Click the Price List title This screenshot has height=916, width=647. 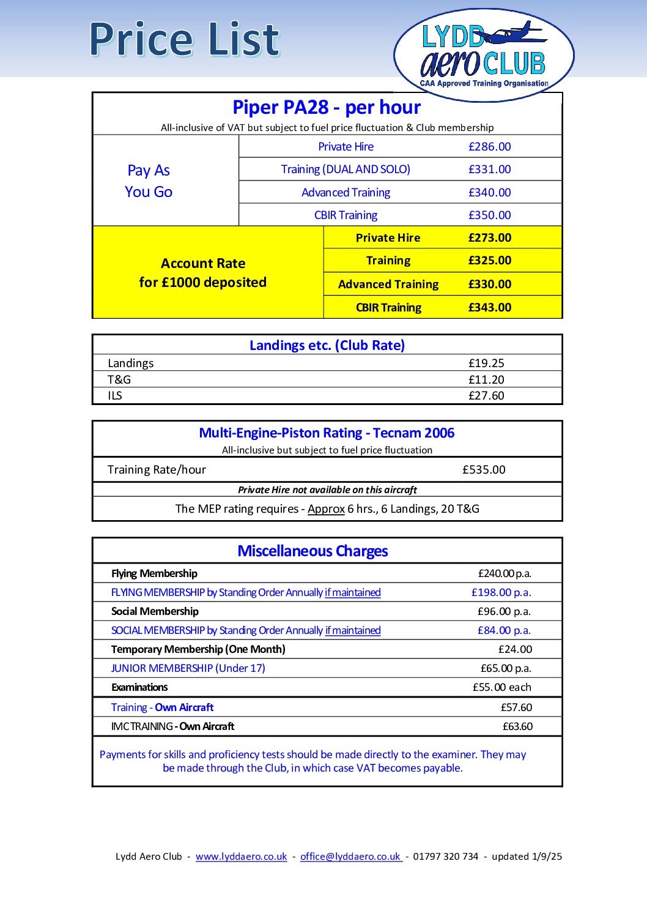click(x=184, y=39)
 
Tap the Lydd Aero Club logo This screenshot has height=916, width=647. click(x=484, y=55)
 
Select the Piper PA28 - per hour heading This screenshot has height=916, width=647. click(x=327, y=107)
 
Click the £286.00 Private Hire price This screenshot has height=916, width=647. click(x=489, y=146)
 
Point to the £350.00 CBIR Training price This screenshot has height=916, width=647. click(x=489, y=215)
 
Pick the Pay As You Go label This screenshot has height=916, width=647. click(x=149, y=181)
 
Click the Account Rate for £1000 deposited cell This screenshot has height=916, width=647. click(x=203, y=272)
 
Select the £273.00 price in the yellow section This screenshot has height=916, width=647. click(x=489, y=237)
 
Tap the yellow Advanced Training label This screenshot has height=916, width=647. click(x=388, y=284)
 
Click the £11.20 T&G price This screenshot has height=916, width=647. click(x=486, y=379)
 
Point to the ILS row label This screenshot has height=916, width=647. click(x=115, y=395)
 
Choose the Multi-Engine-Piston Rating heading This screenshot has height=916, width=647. click(x=327, y=433)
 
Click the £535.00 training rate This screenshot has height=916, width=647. click(x=484, y=469)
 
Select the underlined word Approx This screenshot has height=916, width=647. click(x=326, y=508)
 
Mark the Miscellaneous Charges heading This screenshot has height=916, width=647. click(x=312, y=551)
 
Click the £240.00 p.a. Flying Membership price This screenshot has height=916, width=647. click(x=505, y=573)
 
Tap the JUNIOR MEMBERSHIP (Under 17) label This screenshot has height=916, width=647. click(x=188, y=668)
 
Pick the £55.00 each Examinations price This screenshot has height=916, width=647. click(x=501, y=687)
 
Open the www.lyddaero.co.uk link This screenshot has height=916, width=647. click(x=241, y=856)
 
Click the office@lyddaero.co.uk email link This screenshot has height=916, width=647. click(x=351, y=856)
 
